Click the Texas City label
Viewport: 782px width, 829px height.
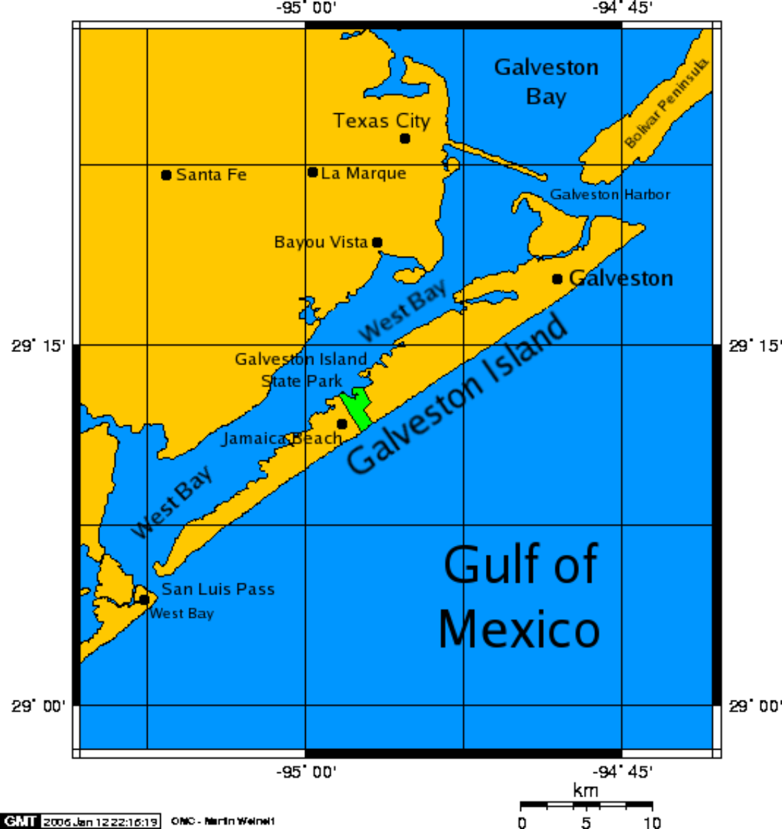(x=382, y=121)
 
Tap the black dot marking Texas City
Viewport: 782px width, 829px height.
(x=405, y=139)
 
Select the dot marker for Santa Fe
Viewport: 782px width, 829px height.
(x=166, y=175)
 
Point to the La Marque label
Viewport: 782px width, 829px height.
(x=363, y=173)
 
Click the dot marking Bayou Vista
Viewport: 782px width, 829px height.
(x=377, y=242)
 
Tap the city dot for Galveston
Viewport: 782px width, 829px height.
(x=557, y=279)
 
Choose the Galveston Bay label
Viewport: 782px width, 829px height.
(x=546, y=81)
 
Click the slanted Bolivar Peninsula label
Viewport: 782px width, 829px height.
(x=666, y=104)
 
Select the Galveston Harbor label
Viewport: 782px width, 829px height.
(x=609, y=195)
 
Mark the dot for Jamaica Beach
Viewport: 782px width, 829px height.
(x=342, y=424)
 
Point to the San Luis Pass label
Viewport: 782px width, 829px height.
(x=218, y=589)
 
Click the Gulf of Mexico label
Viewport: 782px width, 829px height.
(x=520, y=597)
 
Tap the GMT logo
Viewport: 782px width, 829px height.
(x=21, y=821)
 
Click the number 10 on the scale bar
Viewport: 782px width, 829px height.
(x=652, y=822)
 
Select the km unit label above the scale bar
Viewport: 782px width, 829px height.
(x=585, y=790)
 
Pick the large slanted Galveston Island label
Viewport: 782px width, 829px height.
(x=458, y=393)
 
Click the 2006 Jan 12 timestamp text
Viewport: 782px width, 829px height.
(x=101, y=821)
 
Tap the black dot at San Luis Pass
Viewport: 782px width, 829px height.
(x=144, y=599)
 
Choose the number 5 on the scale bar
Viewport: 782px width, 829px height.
(x=586, y=822)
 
